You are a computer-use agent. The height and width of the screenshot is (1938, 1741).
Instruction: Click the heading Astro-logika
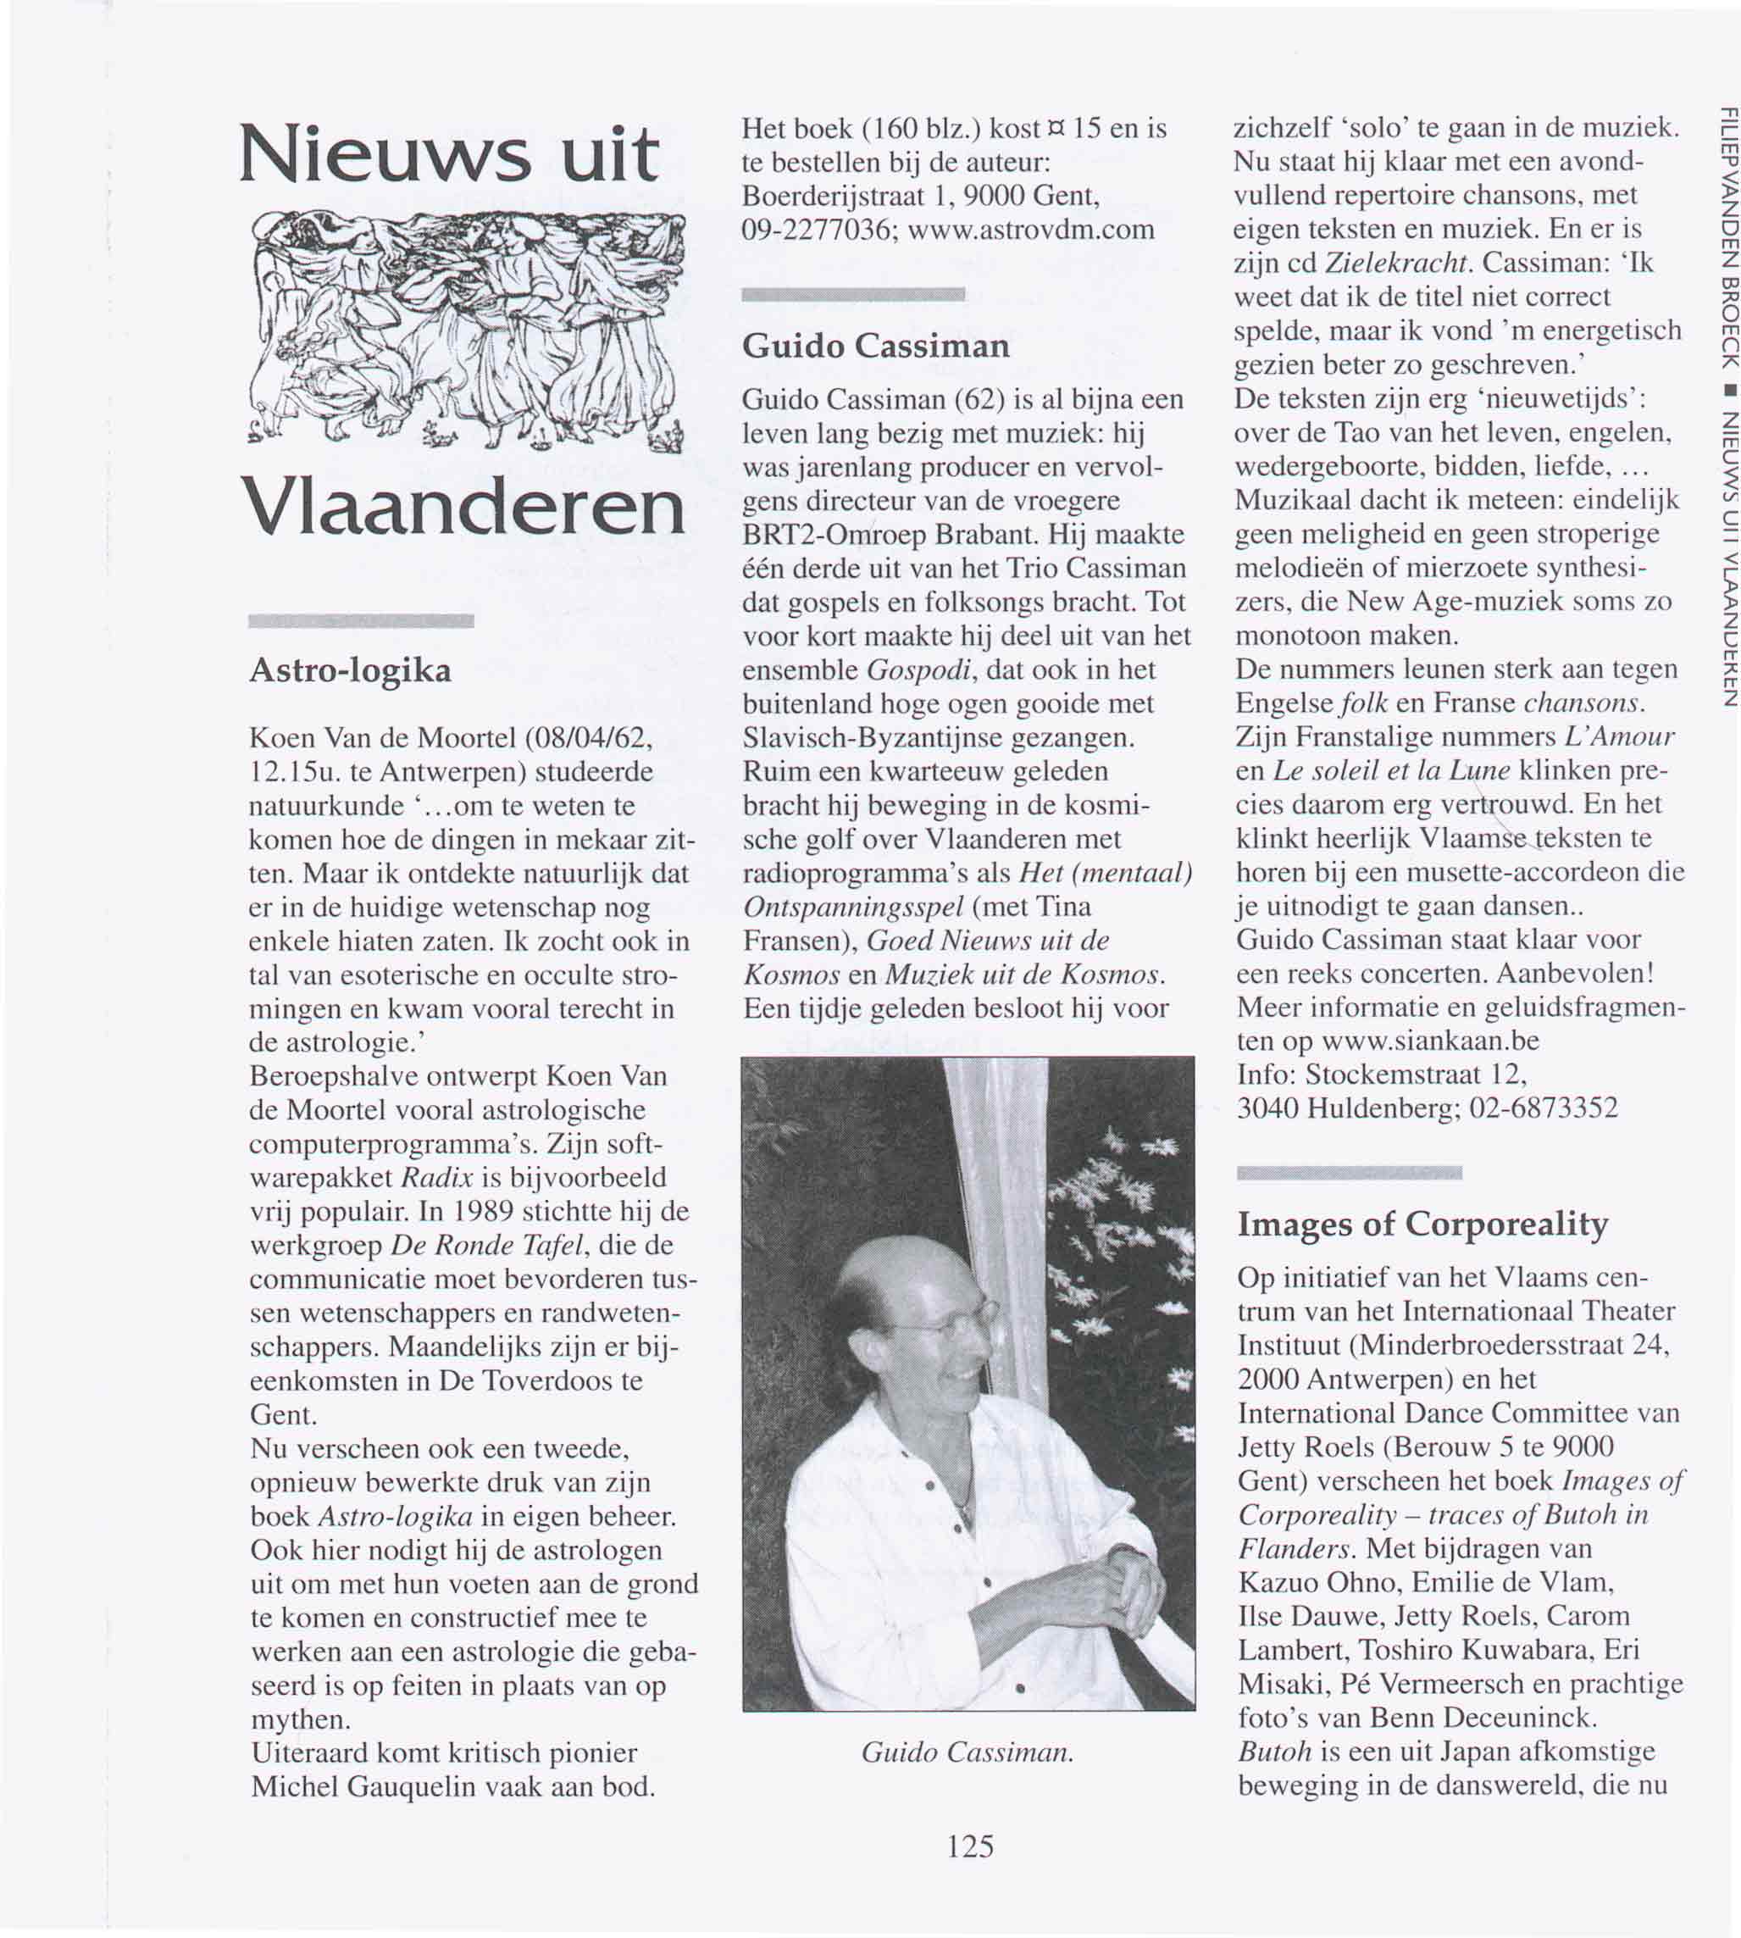coord(350,670)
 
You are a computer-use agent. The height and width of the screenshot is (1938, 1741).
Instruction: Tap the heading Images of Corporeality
coord(1422,1224)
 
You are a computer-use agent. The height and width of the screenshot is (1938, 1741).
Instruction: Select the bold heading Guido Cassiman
coord(875,346)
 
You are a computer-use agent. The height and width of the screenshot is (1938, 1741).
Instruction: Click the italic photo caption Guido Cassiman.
coord(968,1752)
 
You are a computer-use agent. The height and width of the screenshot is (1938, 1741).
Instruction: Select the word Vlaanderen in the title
coord(463,508)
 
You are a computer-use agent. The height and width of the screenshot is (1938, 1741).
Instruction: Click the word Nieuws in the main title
coord(383,156)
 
